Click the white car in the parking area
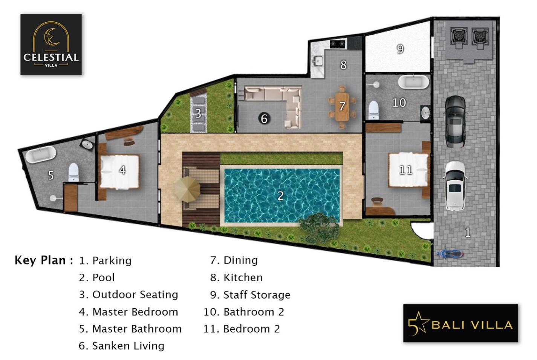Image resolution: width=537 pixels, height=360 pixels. point(455,186)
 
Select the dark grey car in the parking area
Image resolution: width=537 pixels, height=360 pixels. point(455,122)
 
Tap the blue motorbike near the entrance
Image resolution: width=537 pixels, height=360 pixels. point(449,254)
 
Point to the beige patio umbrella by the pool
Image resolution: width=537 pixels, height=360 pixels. point(187,189)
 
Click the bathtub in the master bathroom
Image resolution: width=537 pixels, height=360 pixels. point(41,155)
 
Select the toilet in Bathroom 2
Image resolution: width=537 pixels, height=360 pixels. point(373,110)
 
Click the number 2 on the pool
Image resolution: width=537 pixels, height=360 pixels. point(281,196)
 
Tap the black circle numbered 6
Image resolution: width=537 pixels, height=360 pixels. point(264,118)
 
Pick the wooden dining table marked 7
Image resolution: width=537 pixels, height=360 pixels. point(342,107)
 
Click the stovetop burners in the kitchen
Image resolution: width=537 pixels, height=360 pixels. point(338,44)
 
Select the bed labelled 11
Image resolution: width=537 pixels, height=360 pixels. point(408,170)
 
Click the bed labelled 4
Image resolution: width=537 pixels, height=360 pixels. point(119,172)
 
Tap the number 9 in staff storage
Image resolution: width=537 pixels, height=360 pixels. point(400,49)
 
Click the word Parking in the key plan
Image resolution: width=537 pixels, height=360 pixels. point(112,261)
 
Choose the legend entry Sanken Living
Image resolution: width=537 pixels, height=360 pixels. point(122,346)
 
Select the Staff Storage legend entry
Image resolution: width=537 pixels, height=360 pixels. point(250,295)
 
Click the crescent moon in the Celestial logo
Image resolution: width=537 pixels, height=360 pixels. point(52,37)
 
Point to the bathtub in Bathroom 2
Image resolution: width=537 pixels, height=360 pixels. point(413,82)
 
